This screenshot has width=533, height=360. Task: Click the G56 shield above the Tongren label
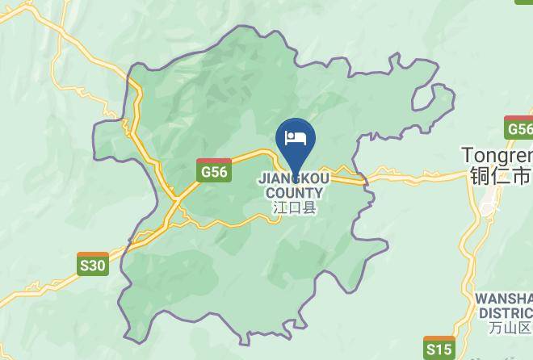pyautogui.click(x=518, y=128)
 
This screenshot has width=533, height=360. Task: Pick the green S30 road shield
pyautogui.click(x=93, y=264)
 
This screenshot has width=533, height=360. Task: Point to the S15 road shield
pyautogui.click(x=439, y=348)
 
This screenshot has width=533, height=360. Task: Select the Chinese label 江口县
pyautogui.click(x=294, y=207)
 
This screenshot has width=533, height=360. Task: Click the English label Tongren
pyautogui.click(x=497, y=154)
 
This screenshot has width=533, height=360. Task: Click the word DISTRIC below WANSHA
pyautogui.click(x=505, y=313)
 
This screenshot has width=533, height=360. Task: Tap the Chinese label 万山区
pyautogui.click(x=510, y=328)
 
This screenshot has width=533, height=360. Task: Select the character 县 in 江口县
pyautogui.click(x=308, y=207)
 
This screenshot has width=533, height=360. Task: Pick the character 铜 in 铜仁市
pyautogui.click(x=479, y=175)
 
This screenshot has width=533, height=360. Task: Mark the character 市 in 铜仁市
pyautogui.click(x=523, y=175)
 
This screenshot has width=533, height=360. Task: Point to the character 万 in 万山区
pyautogui.click(x=496, y=328)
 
